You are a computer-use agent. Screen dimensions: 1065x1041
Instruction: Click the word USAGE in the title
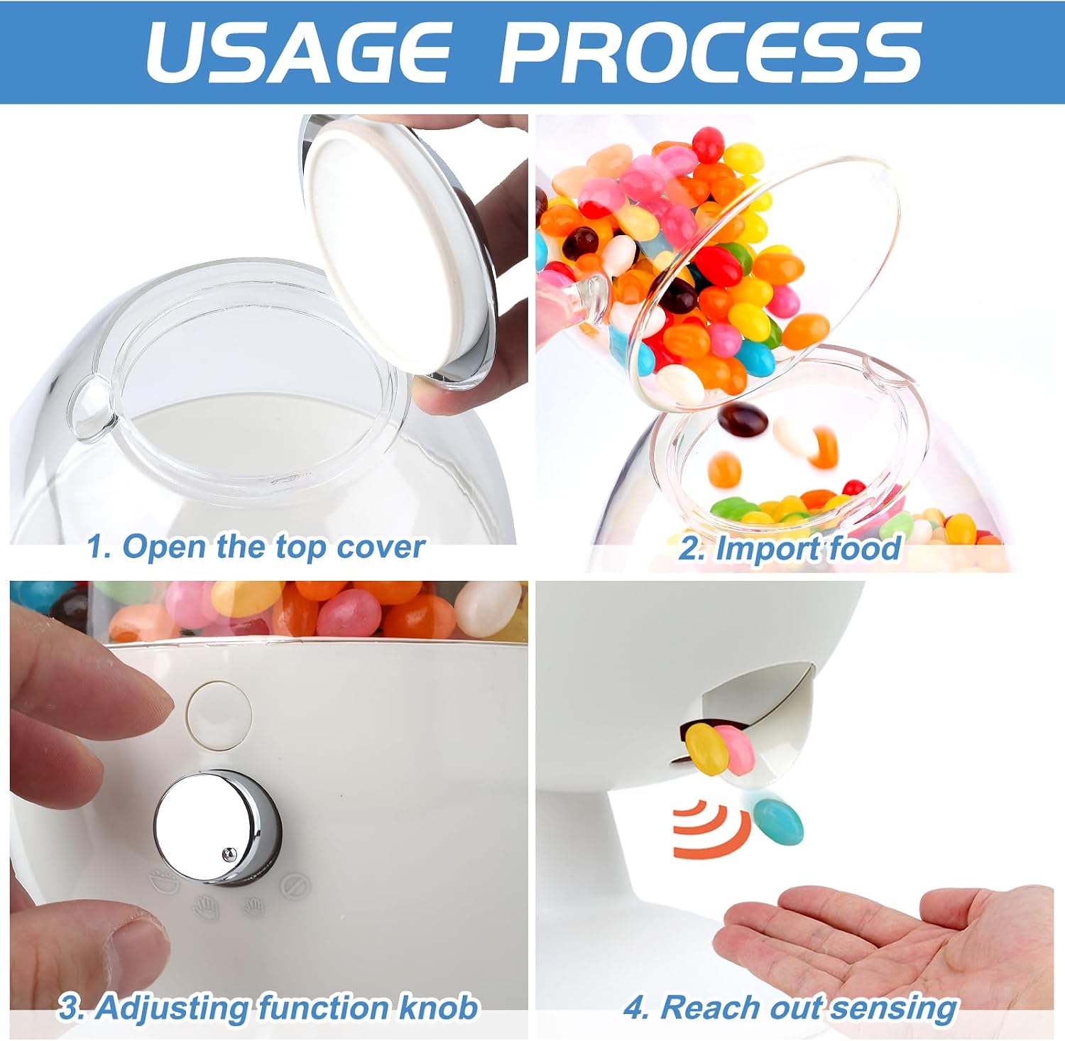click(x=298, y=51)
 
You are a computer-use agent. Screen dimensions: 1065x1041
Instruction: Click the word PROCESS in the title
click(x=711, y=51)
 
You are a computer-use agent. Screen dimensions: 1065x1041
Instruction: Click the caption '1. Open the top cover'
click(x=256, y=547)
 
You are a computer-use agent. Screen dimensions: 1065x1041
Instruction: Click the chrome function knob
click(x=217, y=827)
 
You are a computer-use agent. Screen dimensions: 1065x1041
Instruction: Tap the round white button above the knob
click(x=219, y=714)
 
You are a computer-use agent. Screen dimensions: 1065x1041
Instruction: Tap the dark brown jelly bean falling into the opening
click(x=743, y=420)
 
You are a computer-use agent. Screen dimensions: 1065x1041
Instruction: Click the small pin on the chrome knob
click(x=228, y=855)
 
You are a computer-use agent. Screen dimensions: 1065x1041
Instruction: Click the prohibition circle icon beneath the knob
click(x=295, y=885)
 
